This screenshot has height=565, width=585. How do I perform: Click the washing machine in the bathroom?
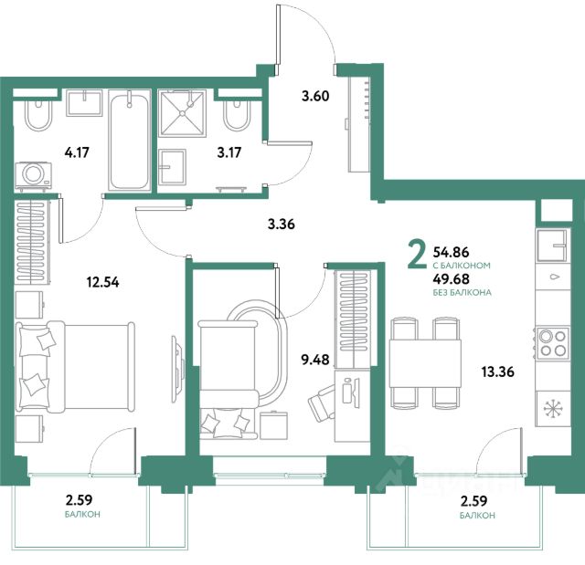tap(33, 175)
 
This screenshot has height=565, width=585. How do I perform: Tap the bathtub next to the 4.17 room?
tap(129, 141)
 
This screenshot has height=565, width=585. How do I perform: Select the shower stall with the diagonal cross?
tap(182, 113)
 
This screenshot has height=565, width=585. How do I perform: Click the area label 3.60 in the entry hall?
tap(315, 96)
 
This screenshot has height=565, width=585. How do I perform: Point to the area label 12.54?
tap(102, 282)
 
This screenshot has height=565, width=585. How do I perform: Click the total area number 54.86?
tap(451, 252)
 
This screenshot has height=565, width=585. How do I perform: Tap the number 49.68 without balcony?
tap(451, 278)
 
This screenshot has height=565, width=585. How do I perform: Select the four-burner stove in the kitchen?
tap(553, 343)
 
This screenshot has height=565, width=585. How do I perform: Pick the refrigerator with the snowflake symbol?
tap(553, 409)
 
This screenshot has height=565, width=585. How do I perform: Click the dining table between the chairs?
tap(425, 363)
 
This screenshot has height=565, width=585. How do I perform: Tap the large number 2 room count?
tap(417, 254)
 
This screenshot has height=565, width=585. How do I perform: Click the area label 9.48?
tap(315, 360)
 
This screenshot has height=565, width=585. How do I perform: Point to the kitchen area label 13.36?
tap(497, 371)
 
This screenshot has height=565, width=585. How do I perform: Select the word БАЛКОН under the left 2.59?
tap(82, 515)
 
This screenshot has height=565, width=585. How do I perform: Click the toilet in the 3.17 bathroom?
tap(237, 115)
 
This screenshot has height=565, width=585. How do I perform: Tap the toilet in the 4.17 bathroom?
tap(37, 115)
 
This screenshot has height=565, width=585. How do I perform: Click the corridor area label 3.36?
tap(282, 224)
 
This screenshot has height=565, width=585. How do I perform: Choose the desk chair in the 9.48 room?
tap(322, 403)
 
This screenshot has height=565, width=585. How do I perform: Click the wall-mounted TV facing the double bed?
tap(176, 369)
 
